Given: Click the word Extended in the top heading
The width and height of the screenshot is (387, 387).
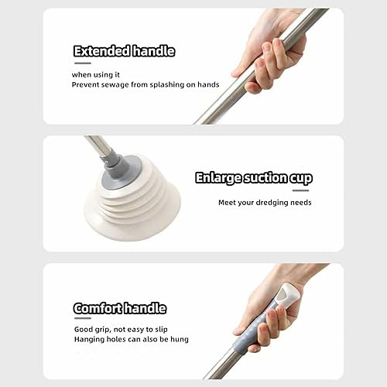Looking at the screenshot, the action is (101, 51).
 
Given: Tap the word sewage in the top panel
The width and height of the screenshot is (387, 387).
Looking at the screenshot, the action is (115, 84).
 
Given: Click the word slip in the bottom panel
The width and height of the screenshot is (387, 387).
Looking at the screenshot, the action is (161, 329).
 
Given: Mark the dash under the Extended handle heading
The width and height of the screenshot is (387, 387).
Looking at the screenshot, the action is (83, 63).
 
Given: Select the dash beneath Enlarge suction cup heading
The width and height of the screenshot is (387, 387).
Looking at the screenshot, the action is (300, 190).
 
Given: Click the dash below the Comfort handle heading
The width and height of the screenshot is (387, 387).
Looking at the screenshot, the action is (83, 318).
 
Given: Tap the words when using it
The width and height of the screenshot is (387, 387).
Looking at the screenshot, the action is (96, 75).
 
